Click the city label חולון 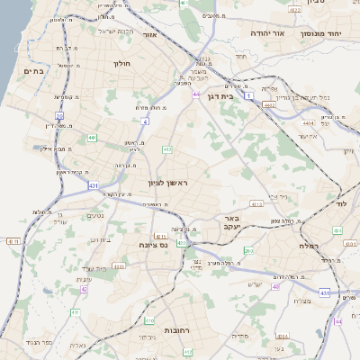click(x=122, y=64)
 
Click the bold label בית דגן click(x=239, y=93)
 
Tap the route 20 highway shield click(x=59, y=115)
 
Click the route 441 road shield click(x=93, y=138)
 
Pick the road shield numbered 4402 click(x=270, y=105)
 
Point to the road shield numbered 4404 click(x=309, y=121)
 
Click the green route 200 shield click(x=249, y=251)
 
